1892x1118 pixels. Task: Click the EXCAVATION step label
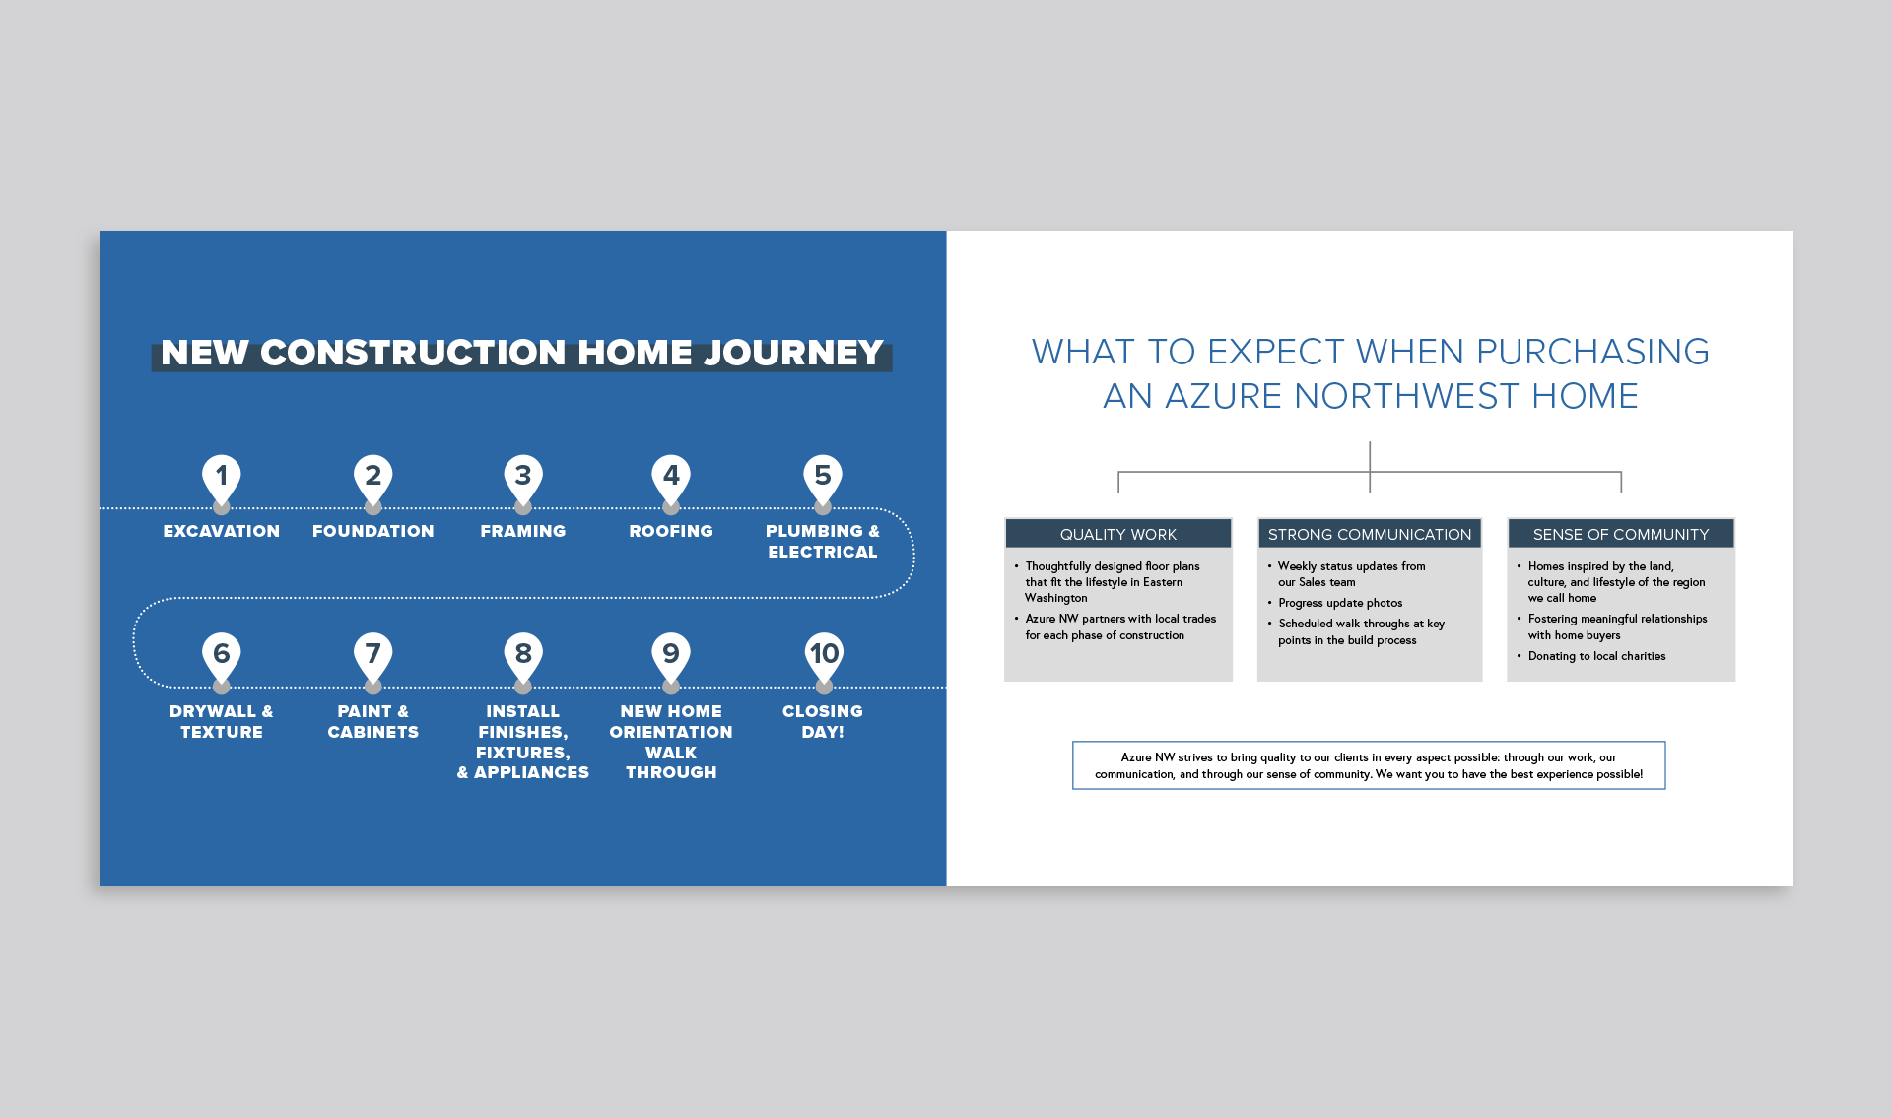[x=222, y=531]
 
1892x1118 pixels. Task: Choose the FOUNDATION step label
[x=373, y=531]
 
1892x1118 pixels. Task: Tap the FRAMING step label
[x=523, y=531]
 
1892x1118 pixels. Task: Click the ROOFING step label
[x=671, y=531]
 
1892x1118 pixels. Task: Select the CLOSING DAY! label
[x=823, y=721]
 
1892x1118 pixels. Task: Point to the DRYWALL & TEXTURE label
[x=222, y=721]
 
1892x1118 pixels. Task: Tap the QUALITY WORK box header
[x=1118, y=534]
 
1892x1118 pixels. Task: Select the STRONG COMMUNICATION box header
[x=1370, y=534]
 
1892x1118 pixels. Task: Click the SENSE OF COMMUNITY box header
[x=1621, y=534]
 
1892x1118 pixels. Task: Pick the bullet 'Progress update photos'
[x=1340, y=603]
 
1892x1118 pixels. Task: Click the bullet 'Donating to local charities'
[x=1596, y=656]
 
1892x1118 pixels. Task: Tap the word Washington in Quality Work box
[x=1056, y=598]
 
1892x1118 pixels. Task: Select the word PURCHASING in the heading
[x=1592, y=352]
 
